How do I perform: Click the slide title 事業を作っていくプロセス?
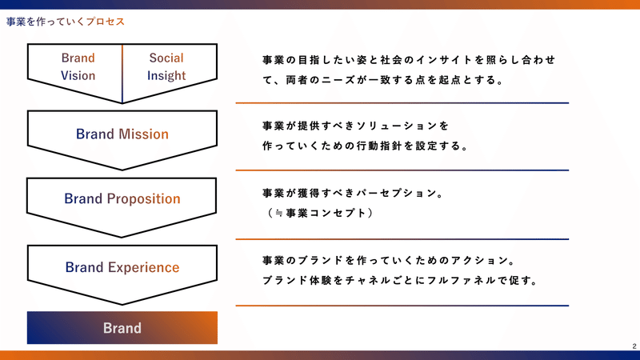66,22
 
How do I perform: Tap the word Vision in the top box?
78,75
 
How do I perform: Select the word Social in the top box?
166,58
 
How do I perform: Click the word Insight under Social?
166,76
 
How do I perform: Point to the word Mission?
143,134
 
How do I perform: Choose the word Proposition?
144,198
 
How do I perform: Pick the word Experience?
144,267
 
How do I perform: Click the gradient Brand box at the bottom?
122,328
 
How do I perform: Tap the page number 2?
634,346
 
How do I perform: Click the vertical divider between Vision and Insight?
122,74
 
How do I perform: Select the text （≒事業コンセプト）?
319,213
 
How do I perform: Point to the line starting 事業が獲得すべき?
354,193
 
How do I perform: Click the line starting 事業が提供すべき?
355,126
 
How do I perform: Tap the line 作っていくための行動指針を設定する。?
366,146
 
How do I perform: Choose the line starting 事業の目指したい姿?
409,60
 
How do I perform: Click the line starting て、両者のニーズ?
384,80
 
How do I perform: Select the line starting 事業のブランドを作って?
390,261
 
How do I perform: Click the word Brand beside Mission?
95,134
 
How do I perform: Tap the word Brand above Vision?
78,58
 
